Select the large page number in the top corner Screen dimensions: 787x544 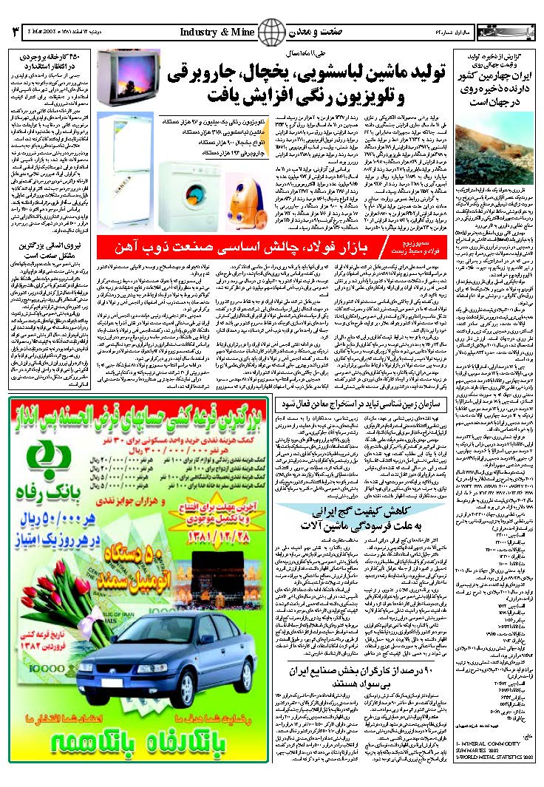14,33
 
